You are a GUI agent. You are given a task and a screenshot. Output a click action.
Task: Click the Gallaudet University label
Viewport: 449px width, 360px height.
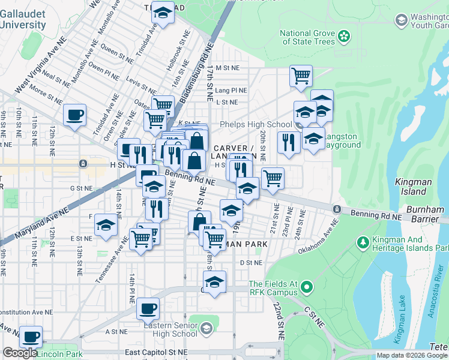23,19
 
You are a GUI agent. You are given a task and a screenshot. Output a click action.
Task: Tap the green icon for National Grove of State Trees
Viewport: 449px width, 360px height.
344,37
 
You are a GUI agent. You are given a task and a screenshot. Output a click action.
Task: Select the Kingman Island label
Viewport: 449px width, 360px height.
412,186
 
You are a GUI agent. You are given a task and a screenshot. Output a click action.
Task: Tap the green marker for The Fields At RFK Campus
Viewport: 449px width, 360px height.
307,288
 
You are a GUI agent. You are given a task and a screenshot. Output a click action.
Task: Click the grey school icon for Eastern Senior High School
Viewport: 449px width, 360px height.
206,328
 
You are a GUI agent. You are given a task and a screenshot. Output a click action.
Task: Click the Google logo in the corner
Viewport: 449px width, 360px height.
20,353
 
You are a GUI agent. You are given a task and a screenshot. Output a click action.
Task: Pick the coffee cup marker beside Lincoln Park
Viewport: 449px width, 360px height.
31,336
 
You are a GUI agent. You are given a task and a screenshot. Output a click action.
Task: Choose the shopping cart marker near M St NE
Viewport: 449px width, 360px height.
301,76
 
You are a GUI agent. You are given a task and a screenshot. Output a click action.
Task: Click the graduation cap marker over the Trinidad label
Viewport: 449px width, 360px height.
161,12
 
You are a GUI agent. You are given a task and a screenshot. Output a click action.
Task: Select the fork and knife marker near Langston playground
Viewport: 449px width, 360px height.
289,142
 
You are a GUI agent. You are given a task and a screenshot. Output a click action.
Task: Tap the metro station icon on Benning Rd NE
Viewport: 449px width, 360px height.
337,209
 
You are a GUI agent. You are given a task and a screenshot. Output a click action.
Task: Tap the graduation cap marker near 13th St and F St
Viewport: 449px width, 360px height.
106,224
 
